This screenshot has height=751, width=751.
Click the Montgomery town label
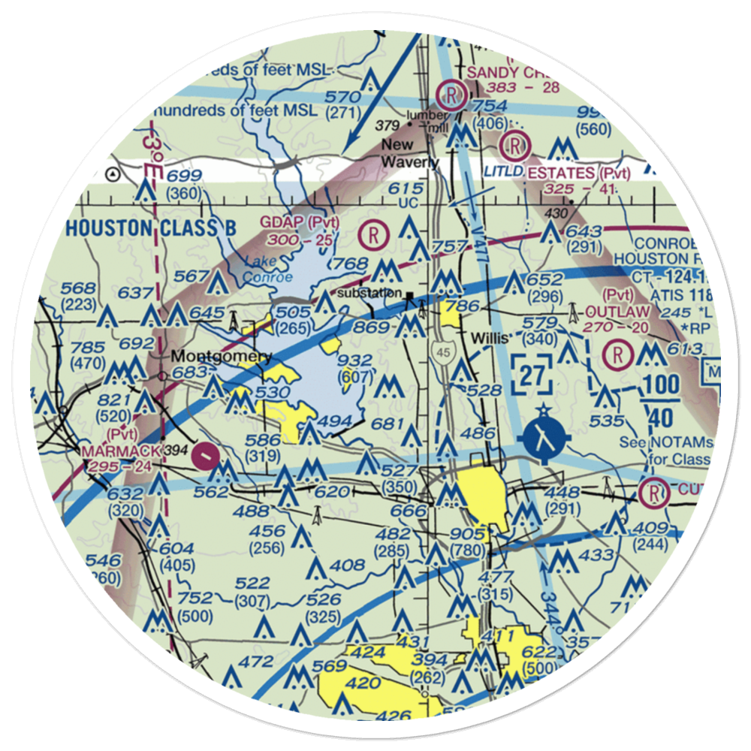(221, 356)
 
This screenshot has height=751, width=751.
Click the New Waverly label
(409, 153)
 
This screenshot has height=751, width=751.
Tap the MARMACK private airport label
(122, 451)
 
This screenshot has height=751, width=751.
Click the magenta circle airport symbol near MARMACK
(207, 454)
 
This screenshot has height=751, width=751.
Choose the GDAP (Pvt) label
(299, 223)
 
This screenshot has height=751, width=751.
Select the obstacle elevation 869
(372, 327)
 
